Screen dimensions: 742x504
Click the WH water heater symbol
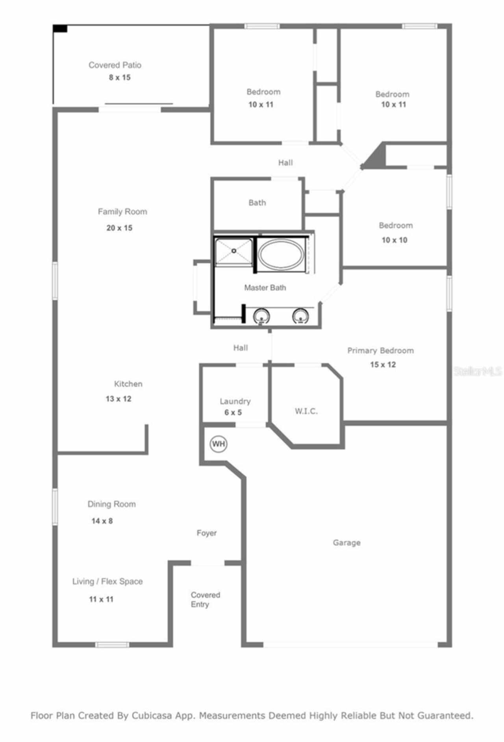pyautogui.click(x=218, y=444)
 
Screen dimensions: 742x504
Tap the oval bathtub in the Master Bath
pyautogui.click(x=281, y=254)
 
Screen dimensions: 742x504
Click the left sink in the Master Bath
pyautogui.click(x=261, y=316)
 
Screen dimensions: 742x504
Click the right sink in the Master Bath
pyautogui.click(x=300, y=316)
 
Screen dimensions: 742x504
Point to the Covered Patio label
pyautogui.click(x=115, y=65)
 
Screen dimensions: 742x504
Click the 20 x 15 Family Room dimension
pyautogui.click(x=119, y=228)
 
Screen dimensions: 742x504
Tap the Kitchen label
pyautogui.click(x=128, y=384)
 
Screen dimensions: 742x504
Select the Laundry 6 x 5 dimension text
pyautogui.click(x=233, y=412)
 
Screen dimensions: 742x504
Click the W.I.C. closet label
pyautogui.click(x=306, y=411)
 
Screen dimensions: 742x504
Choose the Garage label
pyautogui.click(x=346, y=542)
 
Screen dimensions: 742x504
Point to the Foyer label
pyautogui.click(x=206, y=533)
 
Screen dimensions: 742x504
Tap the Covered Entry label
pyautogui.click(x=205, y=599)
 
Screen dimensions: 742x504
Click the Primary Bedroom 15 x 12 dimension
pyautogui.click(x=383, y=364)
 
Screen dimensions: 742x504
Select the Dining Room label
pyautogui.click(x=111, y=504)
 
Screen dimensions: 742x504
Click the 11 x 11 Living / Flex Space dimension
pyautogui.click(x=101, y=599)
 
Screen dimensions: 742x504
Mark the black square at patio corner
pyautogui.click(x=60, y=28)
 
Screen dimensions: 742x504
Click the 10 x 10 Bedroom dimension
pyautogui.click(x=394, y=240)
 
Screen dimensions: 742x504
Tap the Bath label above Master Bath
pyautogui.click(x=257, y=202)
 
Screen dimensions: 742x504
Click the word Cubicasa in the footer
pyautogui.click(x=151, y=715)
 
